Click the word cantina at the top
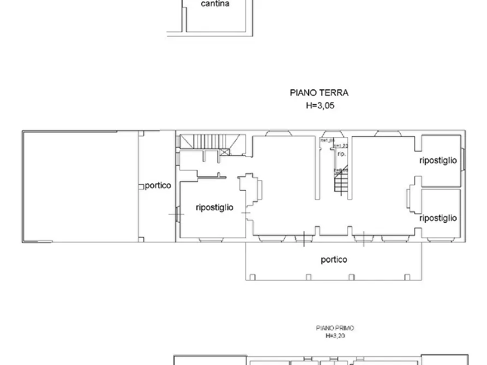pos(215,4)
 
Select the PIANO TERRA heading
pos(318,93)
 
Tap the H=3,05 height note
pos(320,106)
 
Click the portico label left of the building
pos(158,185)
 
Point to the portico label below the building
pos(334,260)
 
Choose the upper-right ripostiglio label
pos(438,161)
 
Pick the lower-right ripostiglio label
pos(438,218)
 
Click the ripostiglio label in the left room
pos(214,208)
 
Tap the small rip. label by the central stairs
pos(341,154)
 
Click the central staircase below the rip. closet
pos(341,182)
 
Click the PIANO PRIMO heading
pos(335,328)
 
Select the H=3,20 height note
pos(335,336)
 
